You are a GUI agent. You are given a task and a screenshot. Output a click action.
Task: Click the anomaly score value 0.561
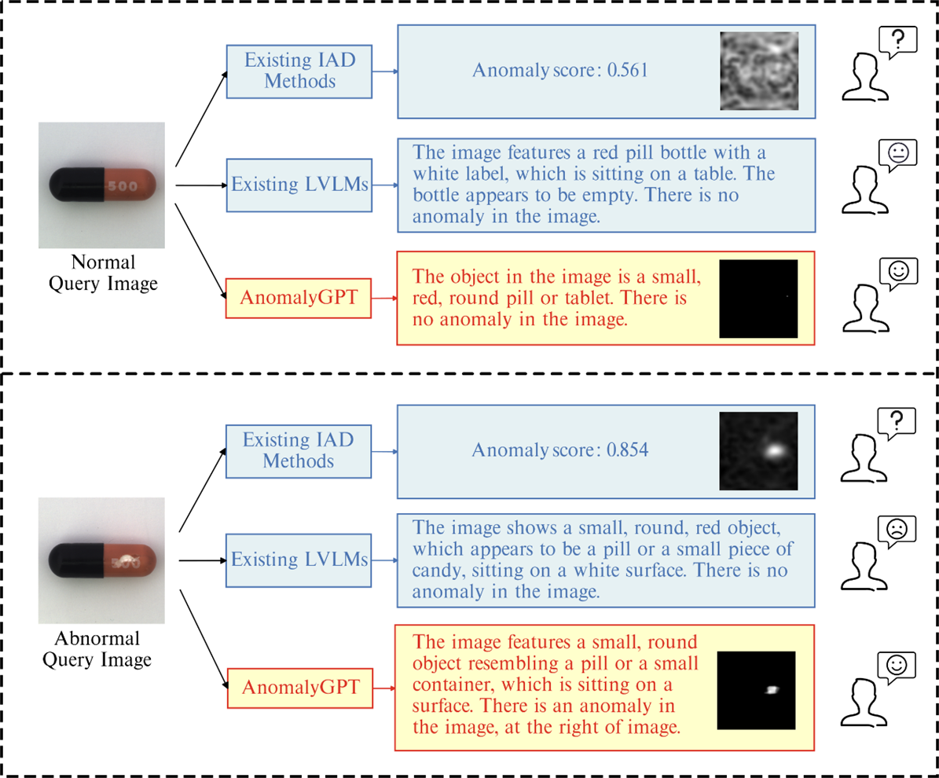tap(627, 70)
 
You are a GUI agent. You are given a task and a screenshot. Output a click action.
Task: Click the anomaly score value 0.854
tap(627, 450)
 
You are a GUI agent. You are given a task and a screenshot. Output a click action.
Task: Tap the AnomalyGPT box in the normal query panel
tap(299, 298)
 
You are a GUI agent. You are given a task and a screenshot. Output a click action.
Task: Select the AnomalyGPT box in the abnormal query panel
tap(300, 688)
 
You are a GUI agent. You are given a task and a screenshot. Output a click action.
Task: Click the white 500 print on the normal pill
tap(122, 185)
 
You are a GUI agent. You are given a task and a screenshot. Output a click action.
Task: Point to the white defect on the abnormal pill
tap(127, 560)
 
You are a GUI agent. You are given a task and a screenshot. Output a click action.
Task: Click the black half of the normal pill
tap(77, 185)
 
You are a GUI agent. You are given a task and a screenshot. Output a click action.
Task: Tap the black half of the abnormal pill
tap(77, 560)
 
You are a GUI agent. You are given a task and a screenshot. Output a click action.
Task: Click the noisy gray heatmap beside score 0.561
tap(759, 71)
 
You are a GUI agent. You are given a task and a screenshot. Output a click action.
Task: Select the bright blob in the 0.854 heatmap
tap(774, 450)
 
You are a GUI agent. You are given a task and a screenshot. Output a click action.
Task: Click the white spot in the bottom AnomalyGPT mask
tap(772, 690)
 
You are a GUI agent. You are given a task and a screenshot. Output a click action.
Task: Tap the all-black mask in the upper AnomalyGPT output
tap(758, 299)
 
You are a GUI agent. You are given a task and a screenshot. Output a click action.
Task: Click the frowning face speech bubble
tap(897, 531)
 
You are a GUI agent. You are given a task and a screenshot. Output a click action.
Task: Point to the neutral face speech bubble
tap(897, 155)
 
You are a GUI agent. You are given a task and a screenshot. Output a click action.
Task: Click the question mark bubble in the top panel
tap(897, 42)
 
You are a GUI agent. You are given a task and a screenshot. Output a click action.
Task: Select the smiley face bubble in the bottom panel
tap(897, 666)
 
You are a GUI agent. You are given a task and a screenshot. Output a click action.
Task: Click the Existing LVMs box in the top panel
tap(299, 185)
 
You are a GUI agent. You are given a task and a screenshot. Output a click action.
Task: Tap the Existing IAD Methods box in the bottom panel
tap(299, 451)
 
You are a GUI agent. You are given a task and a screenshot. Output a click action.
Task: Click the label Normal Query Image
tap(103, 273)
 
